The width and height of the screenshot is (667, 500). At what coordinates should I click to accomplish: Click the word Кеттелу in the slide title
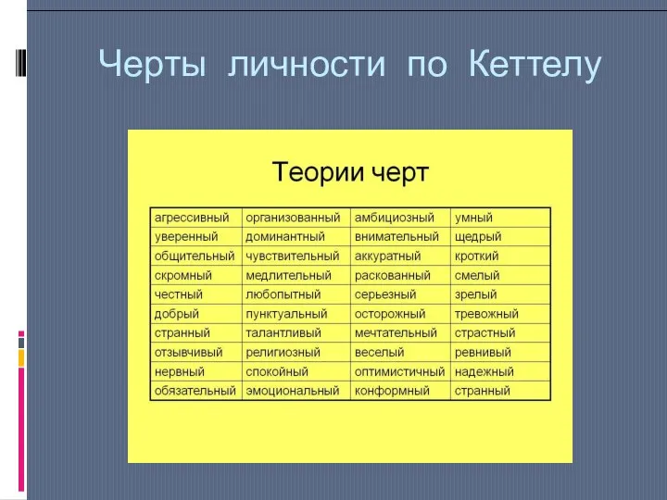pos(535,65)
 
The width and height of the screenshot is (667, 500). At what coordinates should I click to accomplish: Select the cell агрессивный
pos(192,218)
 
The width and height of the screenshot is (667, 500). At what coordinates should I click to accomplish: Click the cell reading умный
pos(472,218)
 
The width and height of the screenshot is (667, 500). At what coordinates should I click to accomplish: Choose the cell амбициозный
pos(395,218)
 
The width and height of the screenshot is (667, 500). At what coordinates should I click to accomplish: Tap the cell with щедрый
pos(478,237)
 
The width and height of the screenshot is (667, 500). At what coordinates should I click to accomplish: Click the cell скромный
pos(183,275)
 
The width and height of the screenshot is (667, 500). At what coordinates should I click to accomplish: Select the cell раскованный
pos(393,275)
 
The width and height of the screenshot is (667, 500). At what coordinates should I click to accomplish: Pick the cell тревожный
pos(486,314)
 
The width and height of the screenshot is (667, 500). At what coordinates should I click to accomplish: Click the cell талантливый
pos(283,333)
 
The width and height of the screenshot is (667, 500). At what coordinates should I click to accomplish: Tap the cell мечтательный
pos(396,333)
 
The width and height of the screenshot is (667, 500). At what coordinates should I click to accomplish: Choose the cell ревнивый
pos(482,353)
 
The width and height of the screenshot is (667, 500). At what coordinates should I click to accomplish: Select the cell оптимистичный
pos(400,371)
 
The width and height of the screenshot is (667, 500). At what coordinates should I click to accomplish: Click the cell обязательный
pos(195,391)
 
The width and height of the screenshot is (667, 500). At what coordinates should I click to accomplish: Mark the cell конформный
pos(392,391)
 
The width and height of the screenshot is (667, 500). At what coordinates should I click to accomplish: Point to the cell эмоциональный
pos(293,391)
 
